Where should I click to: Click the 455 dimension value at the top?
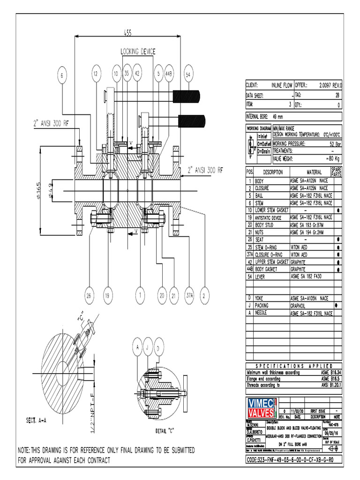(128, 32)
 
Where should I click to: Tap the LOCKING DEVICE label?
(138, 51)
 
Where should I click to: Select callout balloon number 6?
(63, 74)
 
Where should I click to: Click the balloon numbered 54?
(188, 74)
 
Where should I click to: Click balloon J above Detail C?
(148, 346)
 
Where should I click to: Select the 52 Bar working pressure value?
(335, 144)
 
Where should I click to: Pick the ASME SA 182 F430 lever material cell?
(309, 277)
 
